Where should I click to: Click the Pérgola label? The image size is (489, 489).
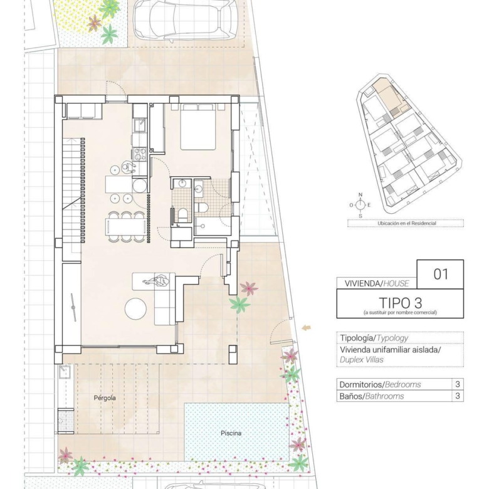point(105,398)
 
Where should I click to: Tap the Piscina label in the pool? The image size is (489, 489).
point(231,433)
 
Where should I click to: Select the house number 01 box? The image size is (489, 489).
point(440,274)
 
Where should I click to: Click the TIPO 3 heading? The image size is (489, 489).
point(401,303)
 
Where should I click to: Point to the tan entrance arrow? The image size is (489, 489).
point(306,327)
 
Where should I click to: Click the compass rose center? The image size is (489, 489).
point(360,205)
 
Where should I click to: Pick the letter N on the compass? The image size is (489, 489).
point(360,195)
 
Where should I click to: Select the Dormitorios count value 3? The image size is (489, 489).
point(458,384)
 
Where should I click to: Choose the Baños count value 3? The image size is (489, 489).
point(458,396)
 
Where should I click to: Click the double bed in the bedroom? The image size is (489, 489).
point(198,127)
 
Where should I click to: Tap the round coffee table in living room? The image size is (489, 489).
point(135,308)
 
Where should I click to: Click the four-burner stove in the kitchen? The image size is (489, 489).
point(140,154)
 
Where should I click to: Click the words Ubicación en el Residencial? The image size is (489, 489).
point(407,223)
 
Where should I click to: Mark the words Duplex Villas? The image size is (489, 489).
point(362,360)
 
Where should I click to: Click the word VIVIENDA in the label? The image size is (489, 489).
point(362,283)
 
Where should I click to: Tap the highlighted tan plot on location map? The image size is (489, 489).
point(391,97)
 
